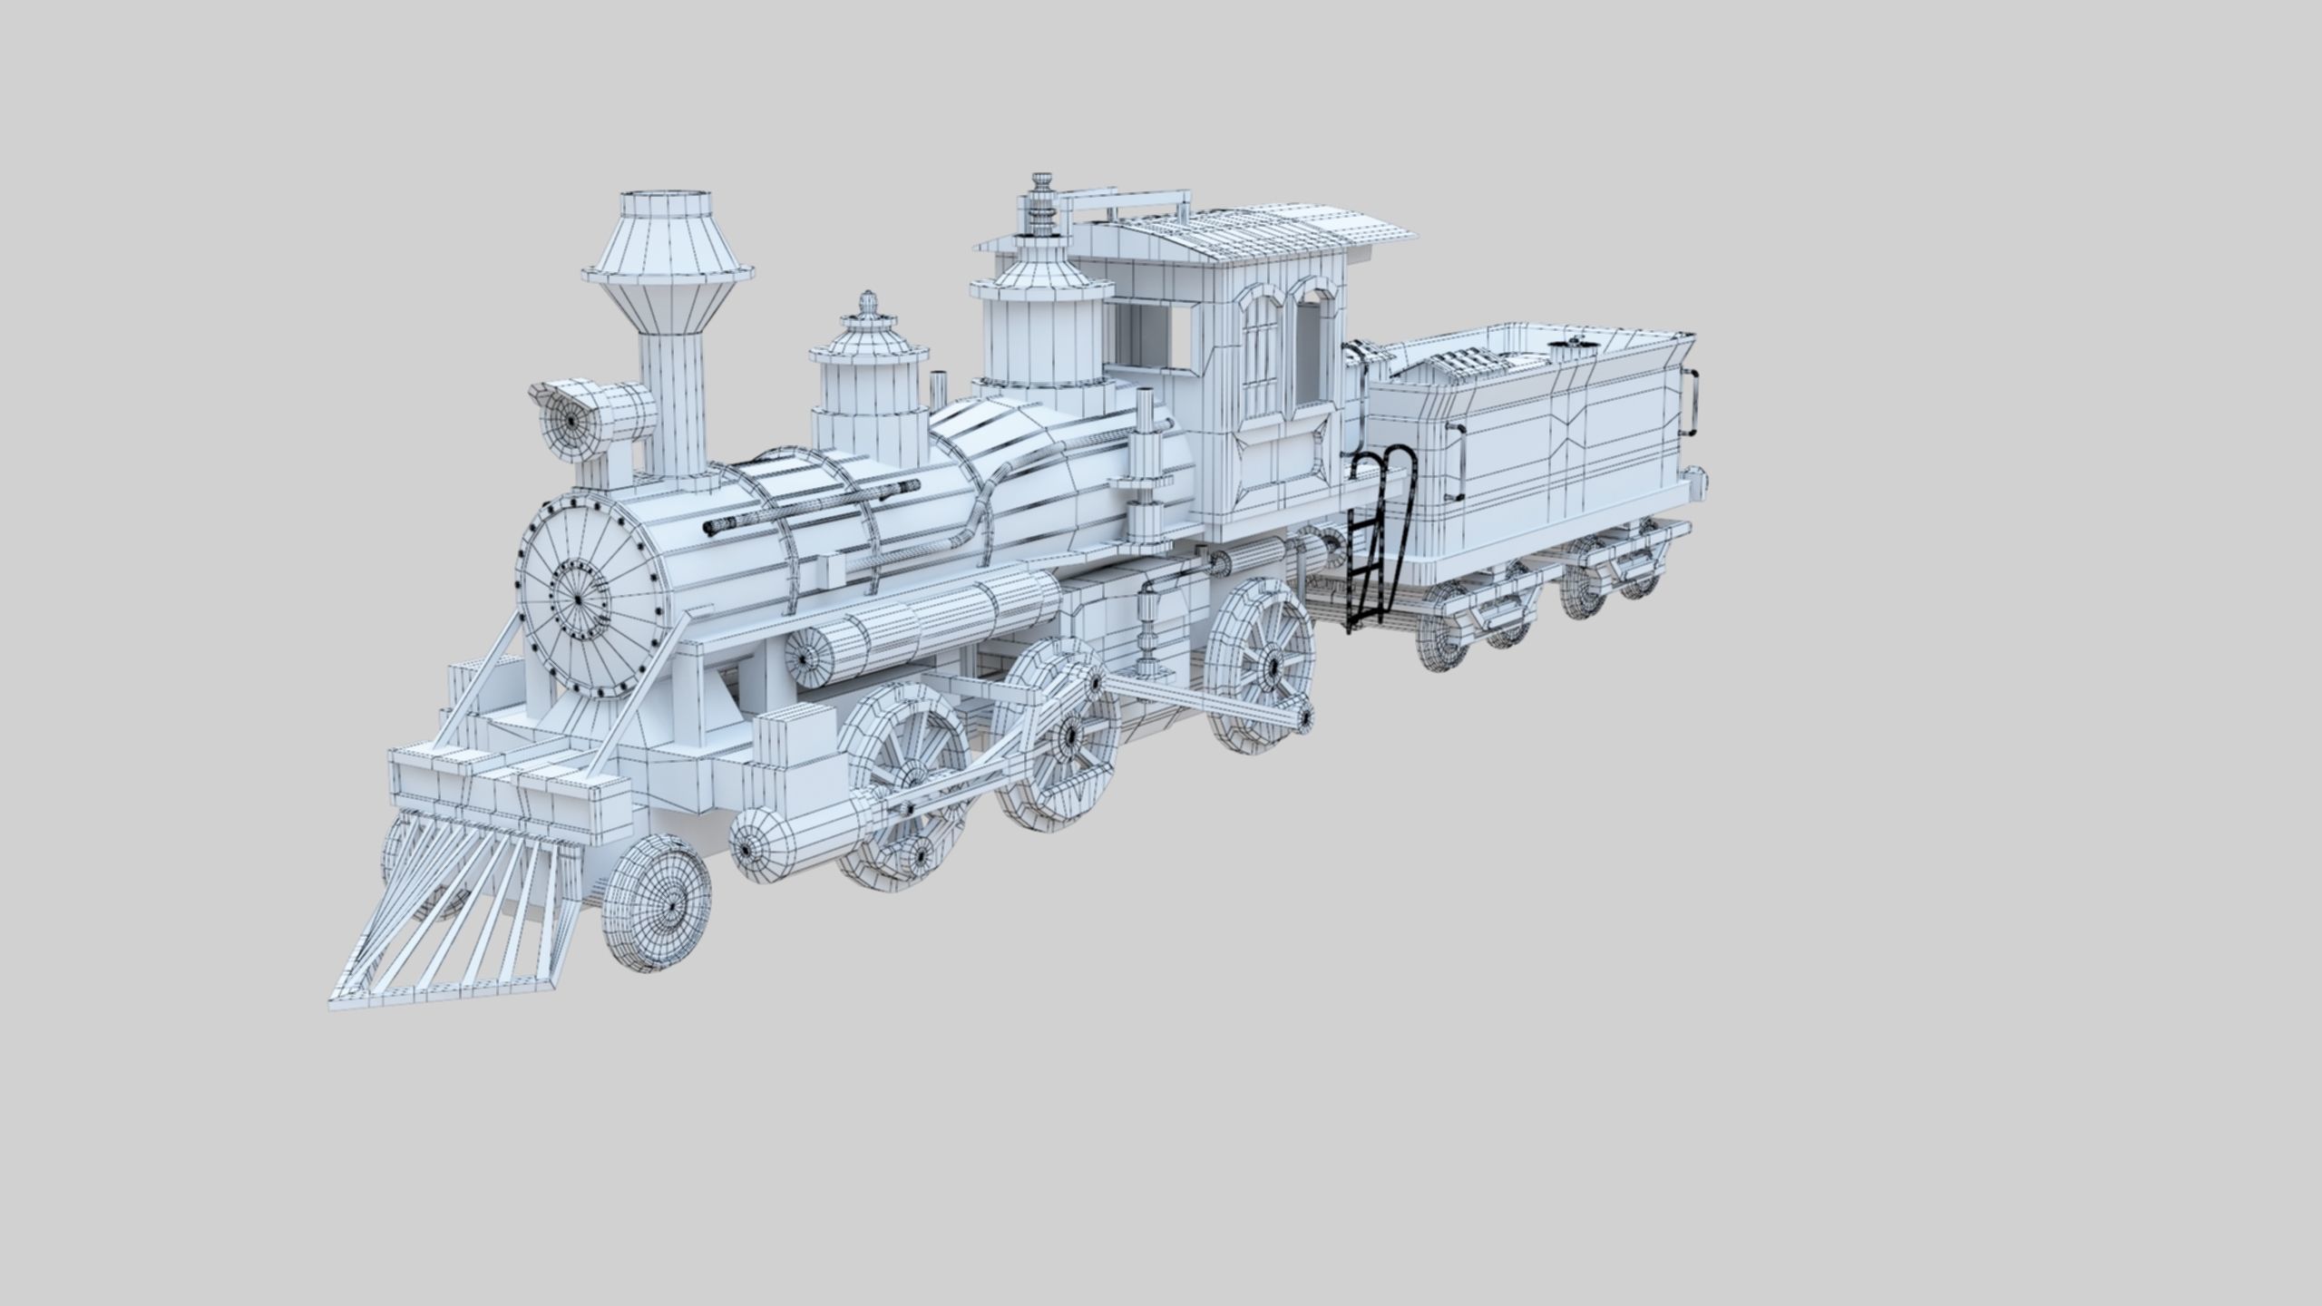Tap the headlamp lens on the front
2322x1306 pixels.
(x=571, y=422)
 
